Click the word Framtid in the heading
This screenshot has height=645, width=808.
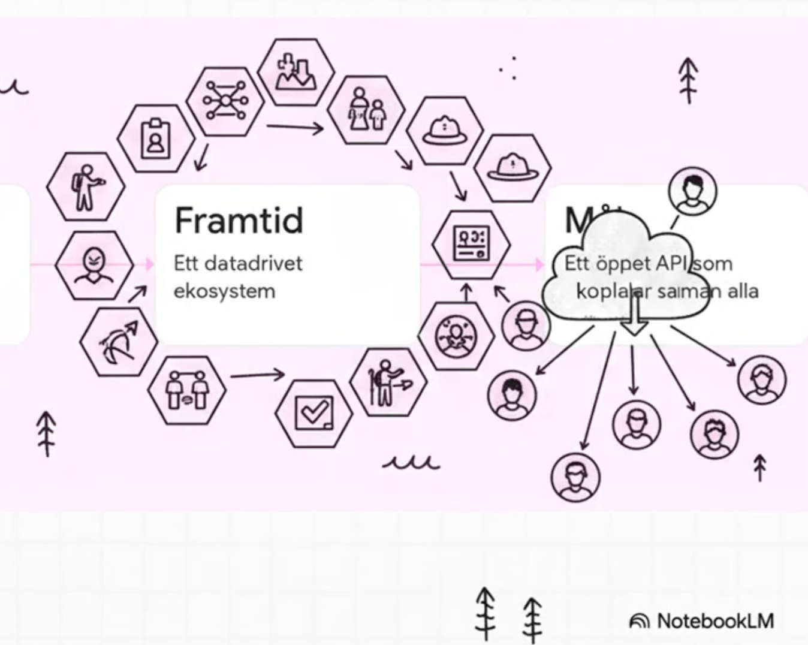(x=239, y=220)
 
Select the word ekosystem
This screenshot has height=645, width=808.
(x=224, y=291)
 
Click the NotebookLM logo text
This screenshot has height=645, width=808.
(x=715, y=621)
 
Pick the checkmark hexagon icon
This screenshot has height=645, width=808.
(x=314, y=413)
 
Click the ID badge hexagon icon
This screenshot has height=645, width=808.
(x=156, y=139)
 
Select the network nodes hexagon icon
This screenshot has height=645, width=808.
(x=225, y=100)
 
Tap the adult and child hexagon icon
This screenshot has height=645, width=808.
(x=366, y=109)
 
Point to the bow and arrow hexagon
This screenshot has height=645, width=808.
(x=119, y=341)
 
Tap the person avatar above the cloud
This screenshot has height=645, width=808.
(x=692, y=191)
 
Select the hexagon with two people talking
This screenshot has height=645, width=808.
(x=187, y=389)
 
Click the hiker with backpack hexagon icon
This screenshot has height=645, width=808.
(x=86, y=186)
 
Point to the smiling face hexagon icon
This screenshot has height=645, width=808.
(x=94, y=264)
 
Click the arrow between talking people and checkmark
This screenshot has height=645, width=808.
(x=257, y=375)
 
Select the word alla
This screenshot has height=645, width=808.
(x=743, y=291)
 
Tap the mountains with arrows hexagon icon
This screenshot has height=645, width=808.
(x=296, y=73)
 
